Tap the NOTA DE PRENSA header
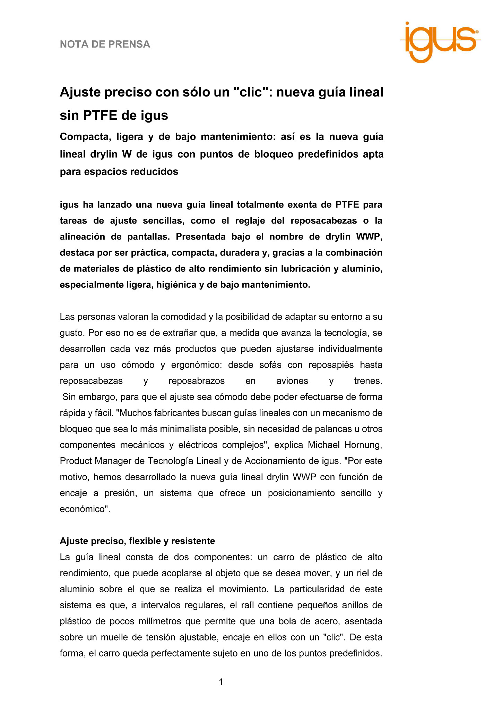105,44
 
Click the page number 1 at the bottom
221,682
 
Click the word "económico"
84,509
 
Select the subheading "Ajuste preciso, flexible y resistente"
137,541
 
